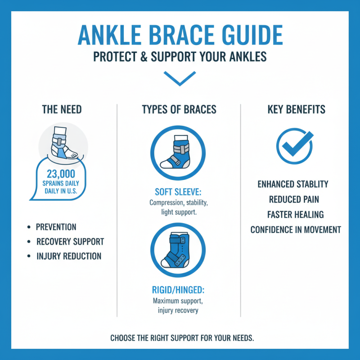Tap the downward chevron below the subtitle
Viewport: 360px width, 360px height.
(x=180, y=78)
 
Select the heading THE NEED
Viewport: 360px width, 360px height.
(x=62, y=109)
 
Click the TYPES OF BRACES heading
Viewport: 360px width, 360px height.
(x=179, y=109)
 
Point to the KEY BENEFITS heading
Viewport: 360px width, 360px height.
(x=296, y=109)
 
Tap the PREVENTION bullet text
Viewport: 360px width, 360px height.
(x=57, y=227)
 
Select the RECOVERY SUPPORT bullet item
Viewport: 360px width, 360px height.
(x=70, y=242)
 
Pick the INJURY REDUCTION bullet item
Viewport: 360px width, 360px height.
(x=69, y=256)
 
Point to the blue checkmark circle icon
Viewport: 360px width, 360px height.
(x=294, y=145)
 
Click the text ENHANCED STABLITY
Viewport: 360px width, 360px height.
(x=292, y=184)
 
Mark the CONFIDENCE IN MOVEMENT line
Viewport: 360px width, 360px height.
(x=296, y=230)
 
